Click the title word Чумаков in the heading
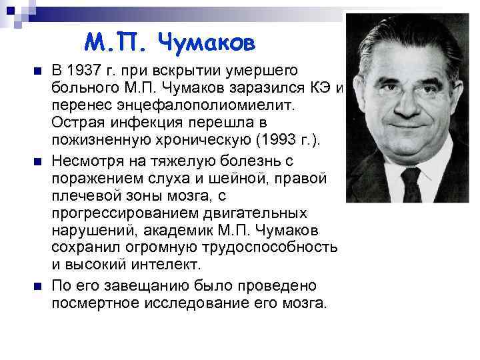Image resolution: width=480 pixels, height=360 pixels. [x=207, y=43]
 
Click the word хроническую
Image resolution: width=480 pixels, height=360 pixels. [x=197, y=140]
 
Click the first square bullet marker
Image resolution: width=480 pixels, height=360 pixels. [x=37, y=71]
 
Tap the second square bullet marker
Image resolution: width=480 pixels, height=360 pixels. [x=37, y=162]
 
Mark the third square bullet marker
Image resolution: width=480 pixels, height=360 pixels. [x=37, y=286]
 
